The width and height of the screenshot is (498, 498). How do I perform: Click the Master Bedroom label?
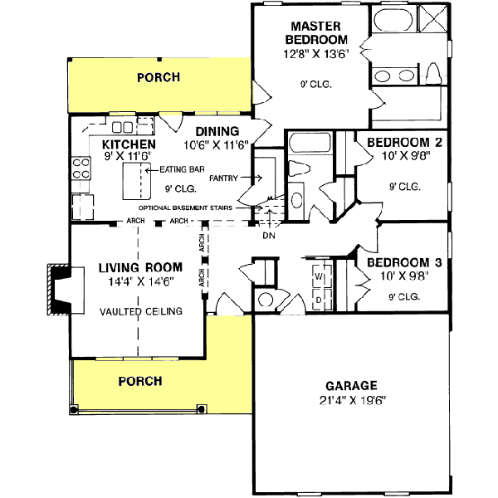pos(316,33)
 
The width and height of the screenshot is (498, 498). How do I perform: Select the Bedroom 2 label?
pos(403,142)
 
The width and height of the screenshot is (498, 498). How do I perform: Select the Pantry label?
pos(224,178)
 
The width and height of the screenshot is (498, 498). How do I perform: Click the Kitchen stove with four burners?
pos(81,169)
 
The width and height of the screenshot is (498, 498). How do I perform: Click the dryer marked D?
pos(318,296)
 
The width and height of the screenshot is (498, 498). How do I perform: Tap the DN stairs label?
pos(268,235)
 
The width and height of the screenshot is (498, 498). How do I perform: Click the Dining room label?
pos(217,131)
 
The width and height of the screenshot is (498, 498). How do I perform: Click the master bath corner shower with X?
pos(434,19)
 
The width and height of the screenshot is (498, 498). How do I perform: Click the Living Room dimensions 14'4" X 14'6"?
pos(140,281)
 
